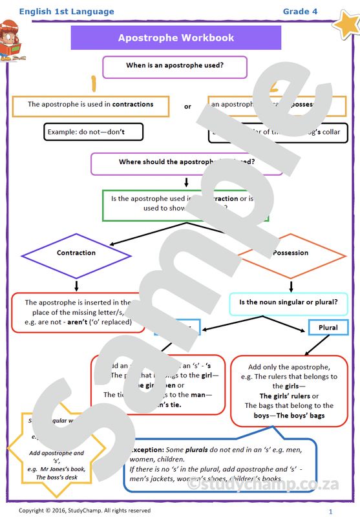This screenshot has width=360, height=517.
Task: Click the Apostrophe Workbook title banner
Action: pos(176,38)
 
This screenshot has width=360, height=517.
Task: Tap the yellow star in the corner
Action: pos(345,24)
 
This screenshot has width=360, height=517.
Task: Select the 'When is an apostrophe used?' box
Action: pos(175,66)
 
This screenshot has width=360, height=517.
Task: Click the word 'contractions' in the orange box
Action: pos(132,104)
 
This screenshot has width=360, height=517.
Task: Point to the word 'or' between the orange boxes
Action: pos(188,107)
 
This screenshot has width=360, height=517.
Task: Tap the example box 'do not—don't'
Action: pos(93,132)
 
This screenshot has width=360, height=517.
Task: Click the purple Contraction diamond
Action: pos(76,253)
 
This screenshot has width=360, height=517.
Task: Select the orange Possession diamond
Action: pos(290,253)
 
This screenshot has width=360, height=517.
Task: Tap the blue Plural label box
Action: pos(328,328)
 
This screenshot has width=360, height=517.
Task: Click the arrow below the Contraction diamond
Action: pos(76,284)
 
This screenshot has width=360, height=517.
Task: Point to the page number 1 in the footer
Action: pos(330,511)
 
